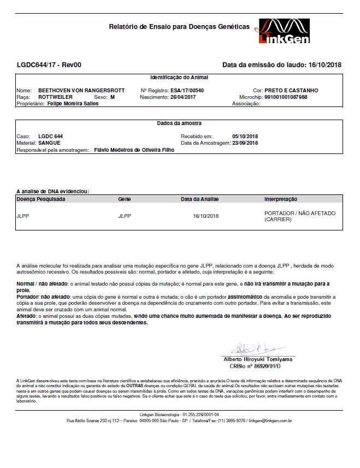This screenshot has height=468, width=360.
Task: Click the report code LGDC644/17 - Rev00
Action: pos(49,66)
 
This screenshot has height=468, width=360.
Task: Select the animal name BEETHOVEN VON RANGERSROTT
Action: pos(82,90)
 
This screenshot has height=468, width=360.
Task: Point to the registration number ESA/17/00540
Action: pos(188,90)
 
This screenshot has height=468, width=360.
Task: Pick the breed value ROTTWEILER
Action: pos(54,97)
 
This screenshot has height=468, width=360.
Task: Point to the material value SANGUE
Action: pos(50,143)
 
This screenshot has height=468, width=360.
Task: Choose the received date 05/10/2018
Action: pos(245,136)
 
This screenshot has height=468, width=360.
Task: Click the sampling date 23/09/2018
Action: pos(245,143)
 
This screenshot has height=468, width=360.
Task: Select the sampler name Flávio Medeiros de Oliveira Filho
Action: pos(134,149)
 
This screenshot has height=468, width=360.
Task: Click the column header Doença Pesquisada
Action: pos(41,199)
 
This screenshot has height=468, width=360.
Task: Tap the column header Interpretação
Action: pos(281,199)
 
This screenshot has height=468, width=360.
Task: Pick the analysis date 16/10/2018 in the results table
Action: pos(205,216)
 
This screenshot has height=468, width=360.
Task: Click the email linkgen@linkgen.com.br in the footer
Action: pos(269,420)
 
